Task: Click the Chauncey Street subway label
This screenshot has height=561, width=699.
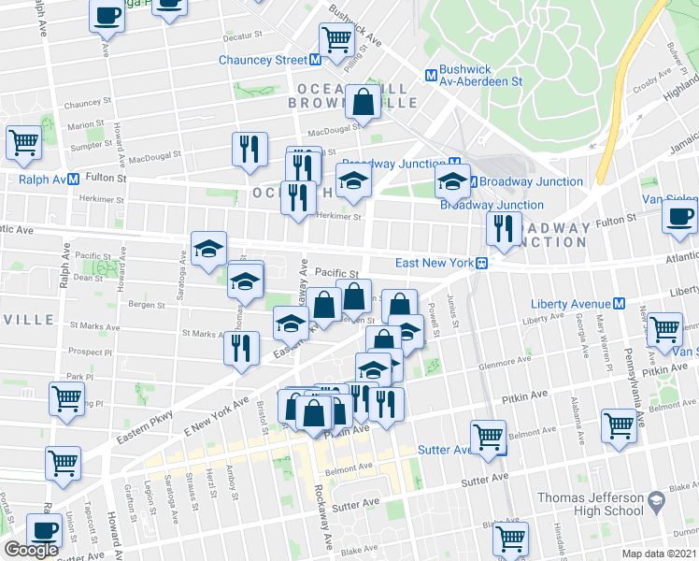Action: coord(263,60)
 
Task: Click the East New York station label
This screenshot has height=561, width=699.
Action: coord(435,263)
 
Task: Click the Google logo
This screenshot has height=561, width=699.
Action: coord(31,550)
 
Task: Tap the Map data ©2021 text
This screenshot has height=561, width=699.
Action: coord(659,554)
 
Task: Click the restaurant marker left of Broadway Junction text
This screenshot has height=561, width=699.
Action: coord(504,228)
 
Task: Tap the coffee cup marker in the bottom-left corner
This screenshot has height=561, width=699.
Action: coord(44,529)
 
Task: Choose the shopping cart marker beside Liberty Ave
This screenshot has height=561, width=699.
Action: coord(663,329)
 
